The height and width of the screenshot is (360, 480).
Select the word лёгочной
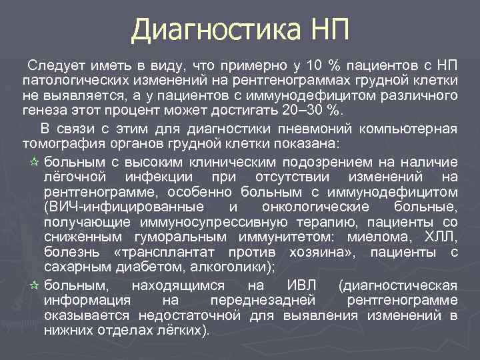[x=75, y=177]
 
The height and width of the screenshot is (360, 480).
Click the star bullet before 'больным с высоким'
[x=35, y=162]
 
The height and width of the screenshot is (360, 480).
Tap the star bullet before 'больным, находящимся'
[x=35, y=285]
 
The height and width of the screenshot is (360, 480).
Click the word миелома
[x=375, y=237]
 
